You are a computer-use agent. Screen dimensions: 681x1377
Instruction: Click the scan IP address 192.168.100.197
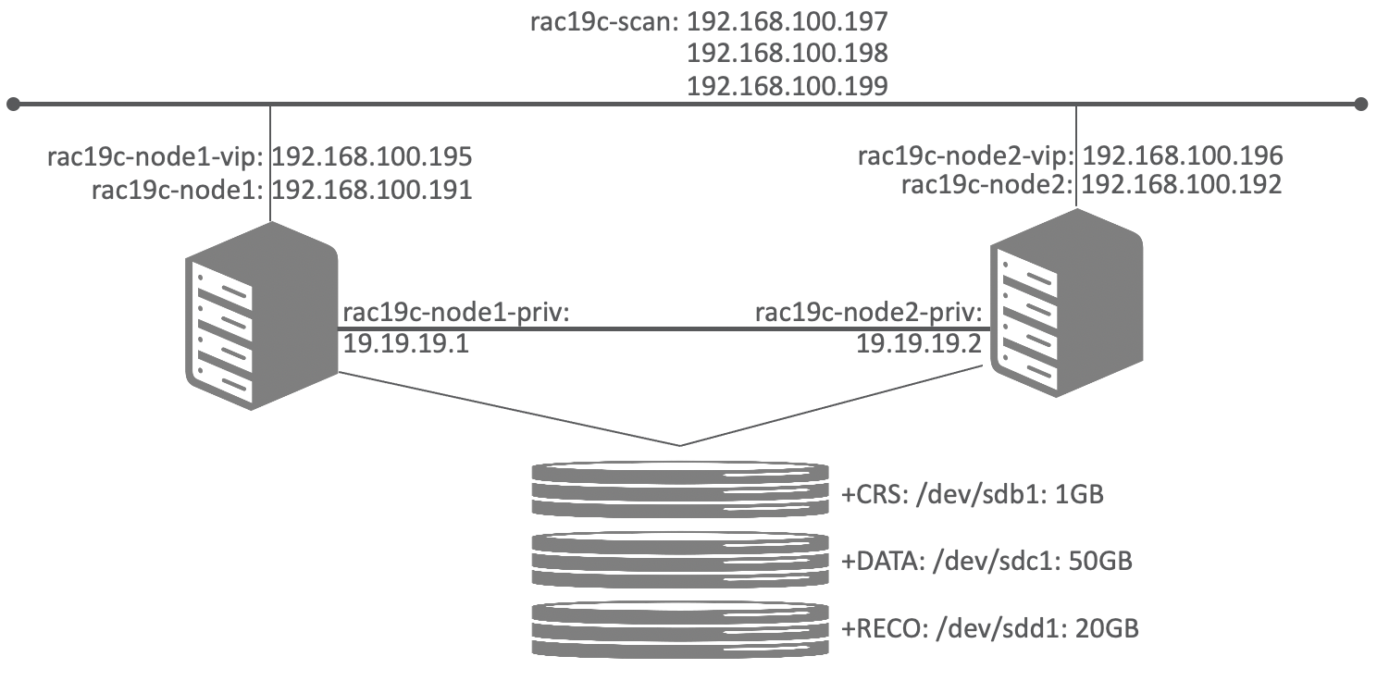[x=787, y=20]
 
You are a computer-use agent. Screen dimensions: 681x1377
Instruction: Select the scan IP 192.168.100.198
[x=787, y=53]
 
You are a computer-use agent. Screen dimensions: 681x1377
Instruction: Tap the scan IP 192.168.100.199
[x=787, y=85]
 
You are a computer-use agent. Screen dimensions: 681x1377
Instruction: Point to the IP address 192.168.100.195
[x=372, y=155]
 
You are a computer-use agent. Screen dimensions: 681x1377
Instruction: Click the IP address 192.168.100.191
[x=372, y=191]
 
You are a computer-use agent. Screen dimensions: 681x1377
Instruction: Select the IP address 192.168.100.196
[x=1182, y=154]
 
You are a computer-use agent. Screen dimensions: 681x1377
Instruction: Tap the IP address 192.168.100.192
[x=1182, y=185]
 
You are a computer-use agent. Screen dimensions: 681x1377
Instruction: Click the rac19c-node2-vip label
[x=966, y=154]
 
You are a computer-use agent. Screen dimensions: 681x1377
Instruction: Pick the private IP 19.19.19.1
[x=393, y=345]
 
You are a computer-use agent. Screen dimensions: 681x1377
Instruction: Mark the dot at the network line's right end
[x=1359, y=104]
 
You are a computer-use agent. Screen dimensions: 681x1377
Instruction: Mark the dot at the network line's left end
[x=12, y=104]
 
